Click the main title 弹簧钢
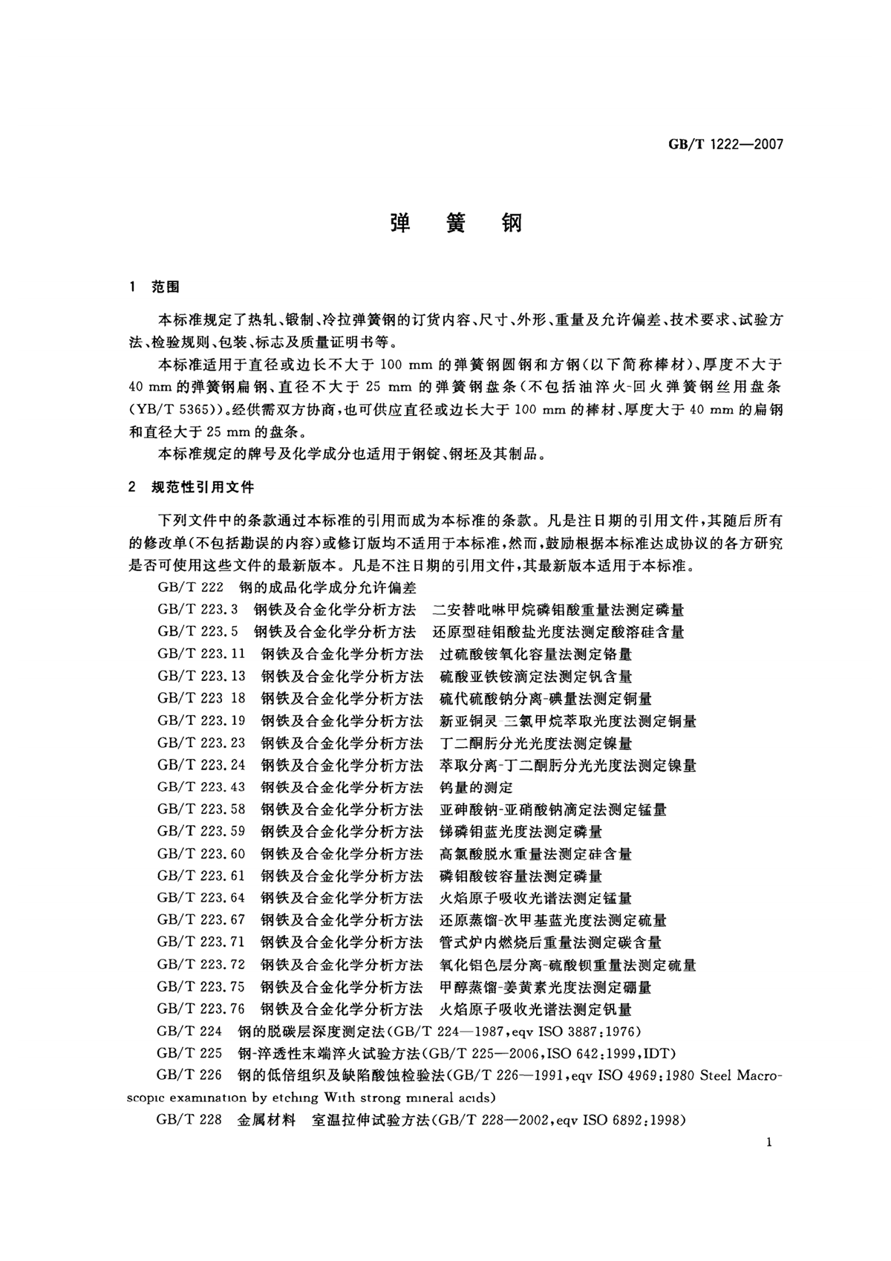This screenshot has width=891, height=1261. tap(456, 224)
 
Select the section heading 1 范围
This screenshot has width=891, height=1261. tap(154, 287)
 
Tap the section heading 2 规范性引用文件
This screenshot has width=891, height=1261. tap(191, 487)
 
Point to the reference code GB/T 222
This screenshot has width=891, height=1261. tap(189, 587)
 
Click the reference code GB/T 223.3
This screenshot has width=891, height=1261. tap(198, 610)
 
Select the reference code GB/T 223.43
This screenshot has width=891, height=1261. tap(201, 787)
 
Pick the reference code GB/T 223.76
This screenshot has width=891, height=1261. tap(201, 1009)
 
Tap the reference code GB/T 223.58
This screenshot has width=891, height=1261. tap(201, 809)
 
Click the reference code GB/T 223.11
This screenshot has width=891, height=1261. tap(201, 654)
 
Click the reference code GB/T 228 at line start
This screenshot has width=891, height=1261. tap(189, 1121)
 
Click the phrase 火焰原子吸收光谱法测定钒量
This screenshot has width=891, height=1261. tap(535, 1009)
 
